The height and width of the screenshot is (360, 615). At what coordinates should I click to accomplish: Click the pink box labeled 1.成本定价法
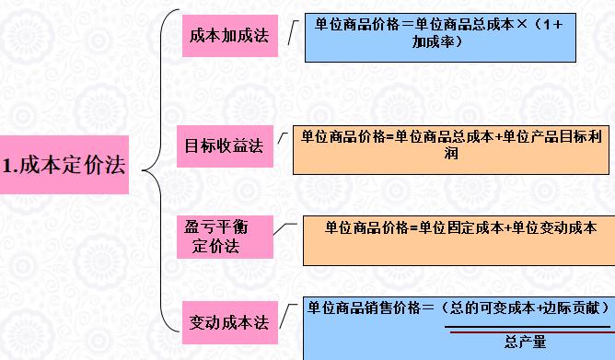63,166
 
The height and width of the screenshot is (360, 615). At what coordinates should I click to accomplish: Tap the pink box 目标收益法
225,145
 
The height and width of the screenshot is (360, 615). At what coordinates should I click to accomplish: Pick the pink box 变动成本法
227,322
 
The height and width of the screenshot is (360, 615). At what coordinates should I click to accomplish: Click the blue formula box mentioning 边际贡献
457,328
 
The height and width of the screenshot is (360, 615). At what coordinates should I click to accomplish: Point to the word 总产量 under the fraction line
525,343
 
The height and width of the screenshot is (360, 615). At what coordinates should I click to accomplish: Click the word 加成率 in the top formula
437,43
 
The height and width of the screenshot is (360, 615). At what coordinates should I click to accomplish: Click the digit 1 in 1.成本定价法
7,167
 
